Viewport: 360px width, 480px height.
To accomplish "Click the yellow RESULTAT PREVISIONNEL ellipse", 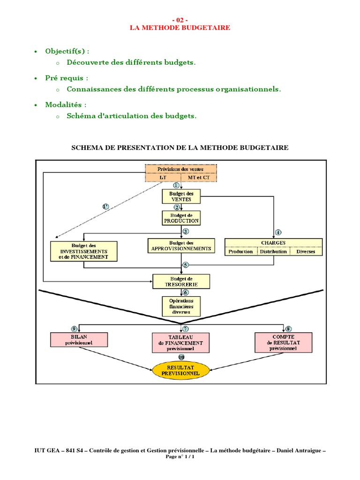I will click(x=181, y=371).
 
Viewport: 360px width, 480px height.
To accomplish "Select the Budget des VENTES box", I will click(x=181, y=196).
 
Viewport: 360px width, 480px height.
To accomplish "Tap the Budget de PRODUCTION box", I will click(x=181, y=217).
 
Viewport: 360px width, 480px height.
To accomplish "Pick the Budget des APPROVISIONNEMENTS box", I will click(x=181, y=246).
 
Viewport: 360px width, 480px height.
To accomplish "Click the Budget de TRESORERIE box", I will click(x=181, y=281).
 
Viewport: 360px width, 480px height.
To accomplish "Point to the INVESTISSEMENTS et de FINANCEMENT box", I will click(x=83, y=251).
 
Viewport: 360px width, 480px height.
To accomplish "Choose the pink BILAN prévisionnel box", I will click(x=79, y=339).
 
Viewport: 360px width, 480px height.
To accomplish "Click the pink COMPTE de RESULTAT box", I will click(x=283, y=343).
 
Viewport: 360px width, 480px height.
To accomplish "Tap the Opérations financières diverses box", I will click(x=181, y=306).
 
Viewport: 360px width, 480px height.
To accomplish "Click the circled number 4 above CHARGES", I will click(x=278, y=232).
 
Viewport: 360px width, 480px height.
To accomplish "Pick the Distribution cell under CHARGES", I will click(x=273, y=252).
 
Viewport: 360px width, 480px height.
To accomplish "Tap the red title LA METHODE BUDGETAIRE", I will click(x=180, y=28).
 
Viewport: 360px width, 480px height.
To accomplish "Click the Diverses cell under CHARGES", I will click(x=306, y=252).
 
